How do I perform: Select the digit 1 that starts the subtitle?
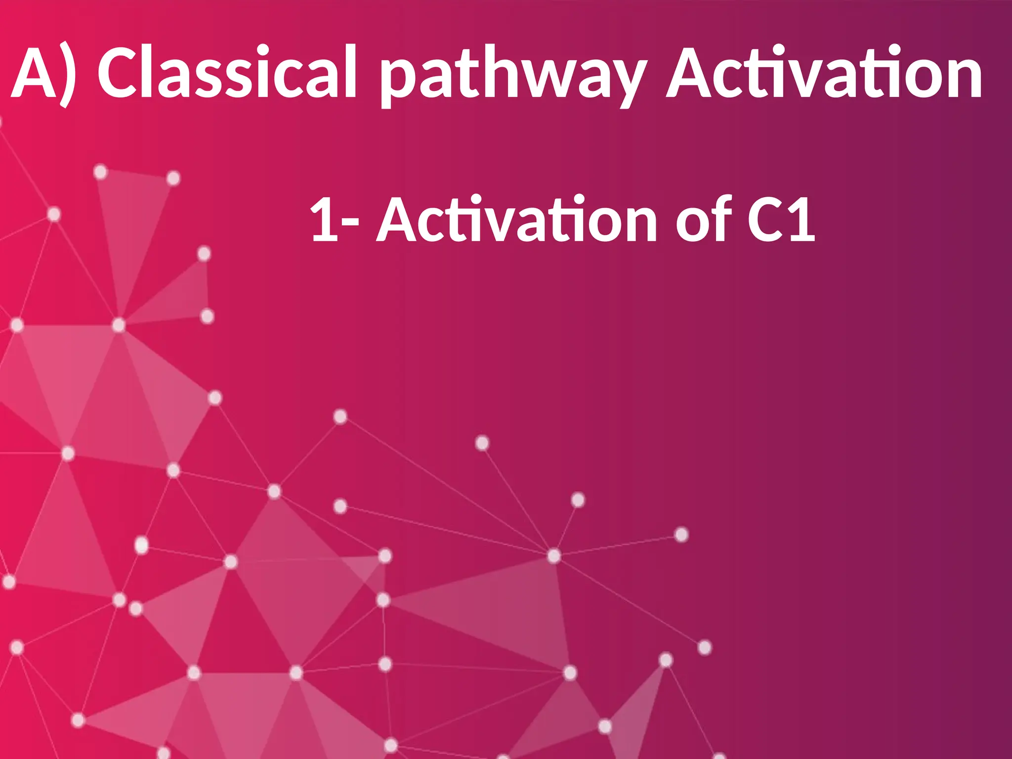[x=324, y=219]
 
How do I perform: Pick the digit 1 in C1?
[x=801, y=219]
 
